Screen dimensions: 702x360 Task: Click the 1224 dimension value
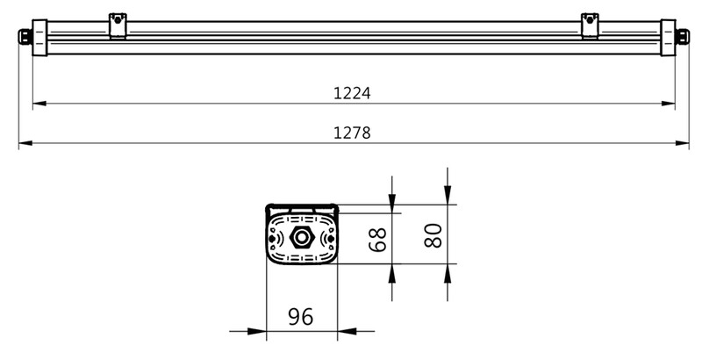tap(352, 93)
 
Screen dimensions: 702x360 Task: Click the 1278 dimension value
tap(352, 133)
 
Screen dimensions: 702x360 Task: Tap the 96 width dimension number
tap(300, 317)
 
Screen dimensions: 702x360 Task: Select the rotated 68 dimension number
tap(377, 240)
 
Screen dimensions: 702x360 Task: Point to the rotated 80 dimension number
tap(433, 235)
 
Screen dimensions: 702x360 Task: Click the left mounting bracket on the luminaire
tap(118, 26)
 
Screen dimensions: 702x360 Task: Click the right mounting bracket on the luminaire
tap(590, 26)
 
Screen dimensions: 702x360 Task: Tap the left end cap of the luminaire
tap(39, 38)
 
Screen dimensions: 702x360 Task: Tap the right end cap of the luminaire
tap(668, 38)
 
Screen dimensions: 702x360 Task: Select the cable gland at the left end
tap(25, 37)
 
